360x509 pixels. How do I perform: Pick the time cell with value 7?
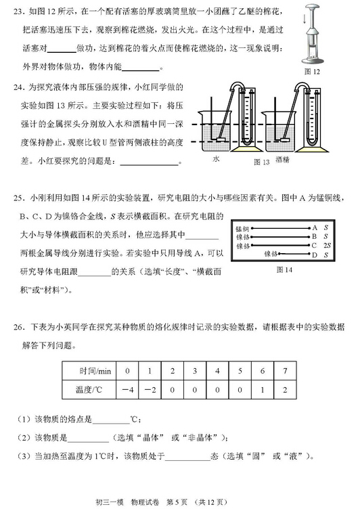286,372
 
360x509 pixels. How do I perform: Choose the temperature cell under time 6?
263,390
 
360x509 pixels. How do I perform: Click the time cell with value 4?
217,372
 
